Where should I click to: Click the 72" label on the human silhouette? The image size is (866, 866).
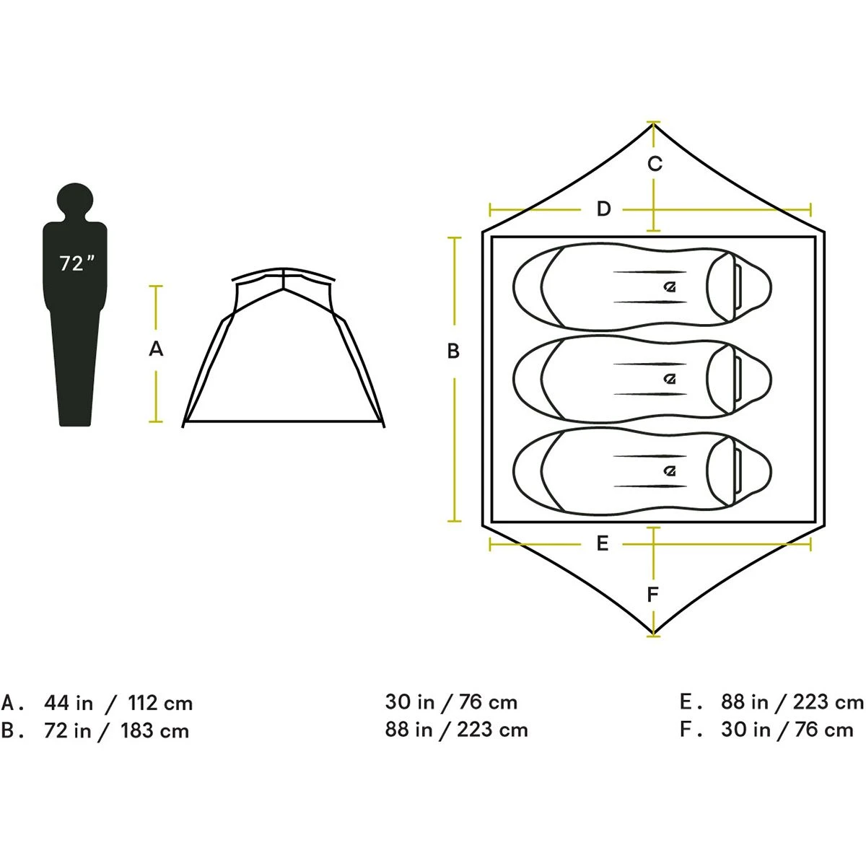(76, 264)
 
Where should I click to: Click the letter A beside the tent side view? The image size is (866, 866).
(156, 349)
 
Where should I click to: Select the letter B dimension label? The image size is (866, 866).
(453, 351)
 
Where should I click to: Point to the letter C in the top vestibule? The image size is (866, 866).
(654, 165)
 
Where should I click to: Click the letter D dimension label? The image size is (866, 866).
(603, 209)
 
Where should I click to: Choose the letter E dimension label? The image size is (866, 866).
(603, 543)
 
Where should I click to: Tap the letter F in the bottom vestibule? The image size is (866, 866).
(653, 595)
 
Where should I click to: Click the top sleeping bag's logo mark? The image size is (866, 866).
(670, 287)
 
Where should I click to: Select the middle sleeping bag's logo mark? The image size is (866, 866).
(670, 379)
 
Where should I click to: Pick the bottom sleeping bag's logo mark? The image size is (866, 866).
(670, 471)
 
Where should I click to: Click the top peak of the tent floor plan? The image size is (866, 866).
(653, 125)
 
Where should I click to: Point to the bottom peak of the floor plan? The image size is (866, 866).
(653, 634)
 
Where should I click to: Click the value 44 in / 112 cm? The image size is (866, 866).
(118, 703)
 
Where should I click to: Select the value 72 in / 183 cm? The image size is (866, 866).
(116, 731)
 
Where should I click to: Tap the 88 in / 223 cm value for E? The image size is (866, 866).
(792, 701)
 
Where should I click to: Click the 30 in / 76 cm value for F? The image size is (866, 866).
(787, 730)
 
